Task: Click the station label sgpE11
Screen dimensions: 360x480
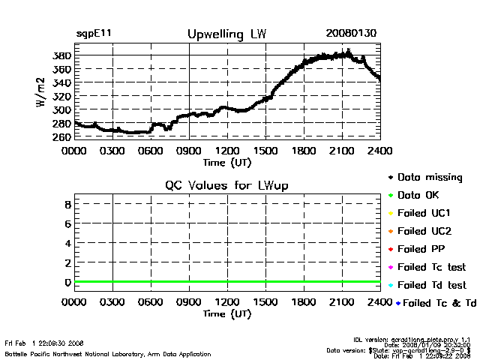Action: coord(94,34)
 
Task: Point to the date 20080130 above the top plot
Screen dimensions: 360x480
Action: coord(351,34)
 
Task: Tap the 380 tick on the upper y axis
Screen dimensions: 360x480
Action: coord(62,55)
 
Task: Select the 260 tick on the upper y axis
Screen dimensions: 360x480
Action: coord(62,137)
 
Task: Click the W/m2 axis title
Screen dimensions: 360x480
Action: coord(42,95)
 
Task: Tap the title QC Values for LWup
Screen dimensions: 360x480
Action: coord(226,184)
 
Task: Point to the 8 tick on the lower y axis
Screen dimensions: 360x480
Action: coord(67,204)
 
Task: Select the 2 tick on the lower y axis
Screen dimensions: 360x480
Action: coord(67,262)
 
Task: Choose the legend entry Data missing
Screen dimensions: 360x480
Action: coord(429,178)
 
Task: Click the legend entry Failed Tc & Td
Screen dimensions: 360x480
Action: coord(434,303)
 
